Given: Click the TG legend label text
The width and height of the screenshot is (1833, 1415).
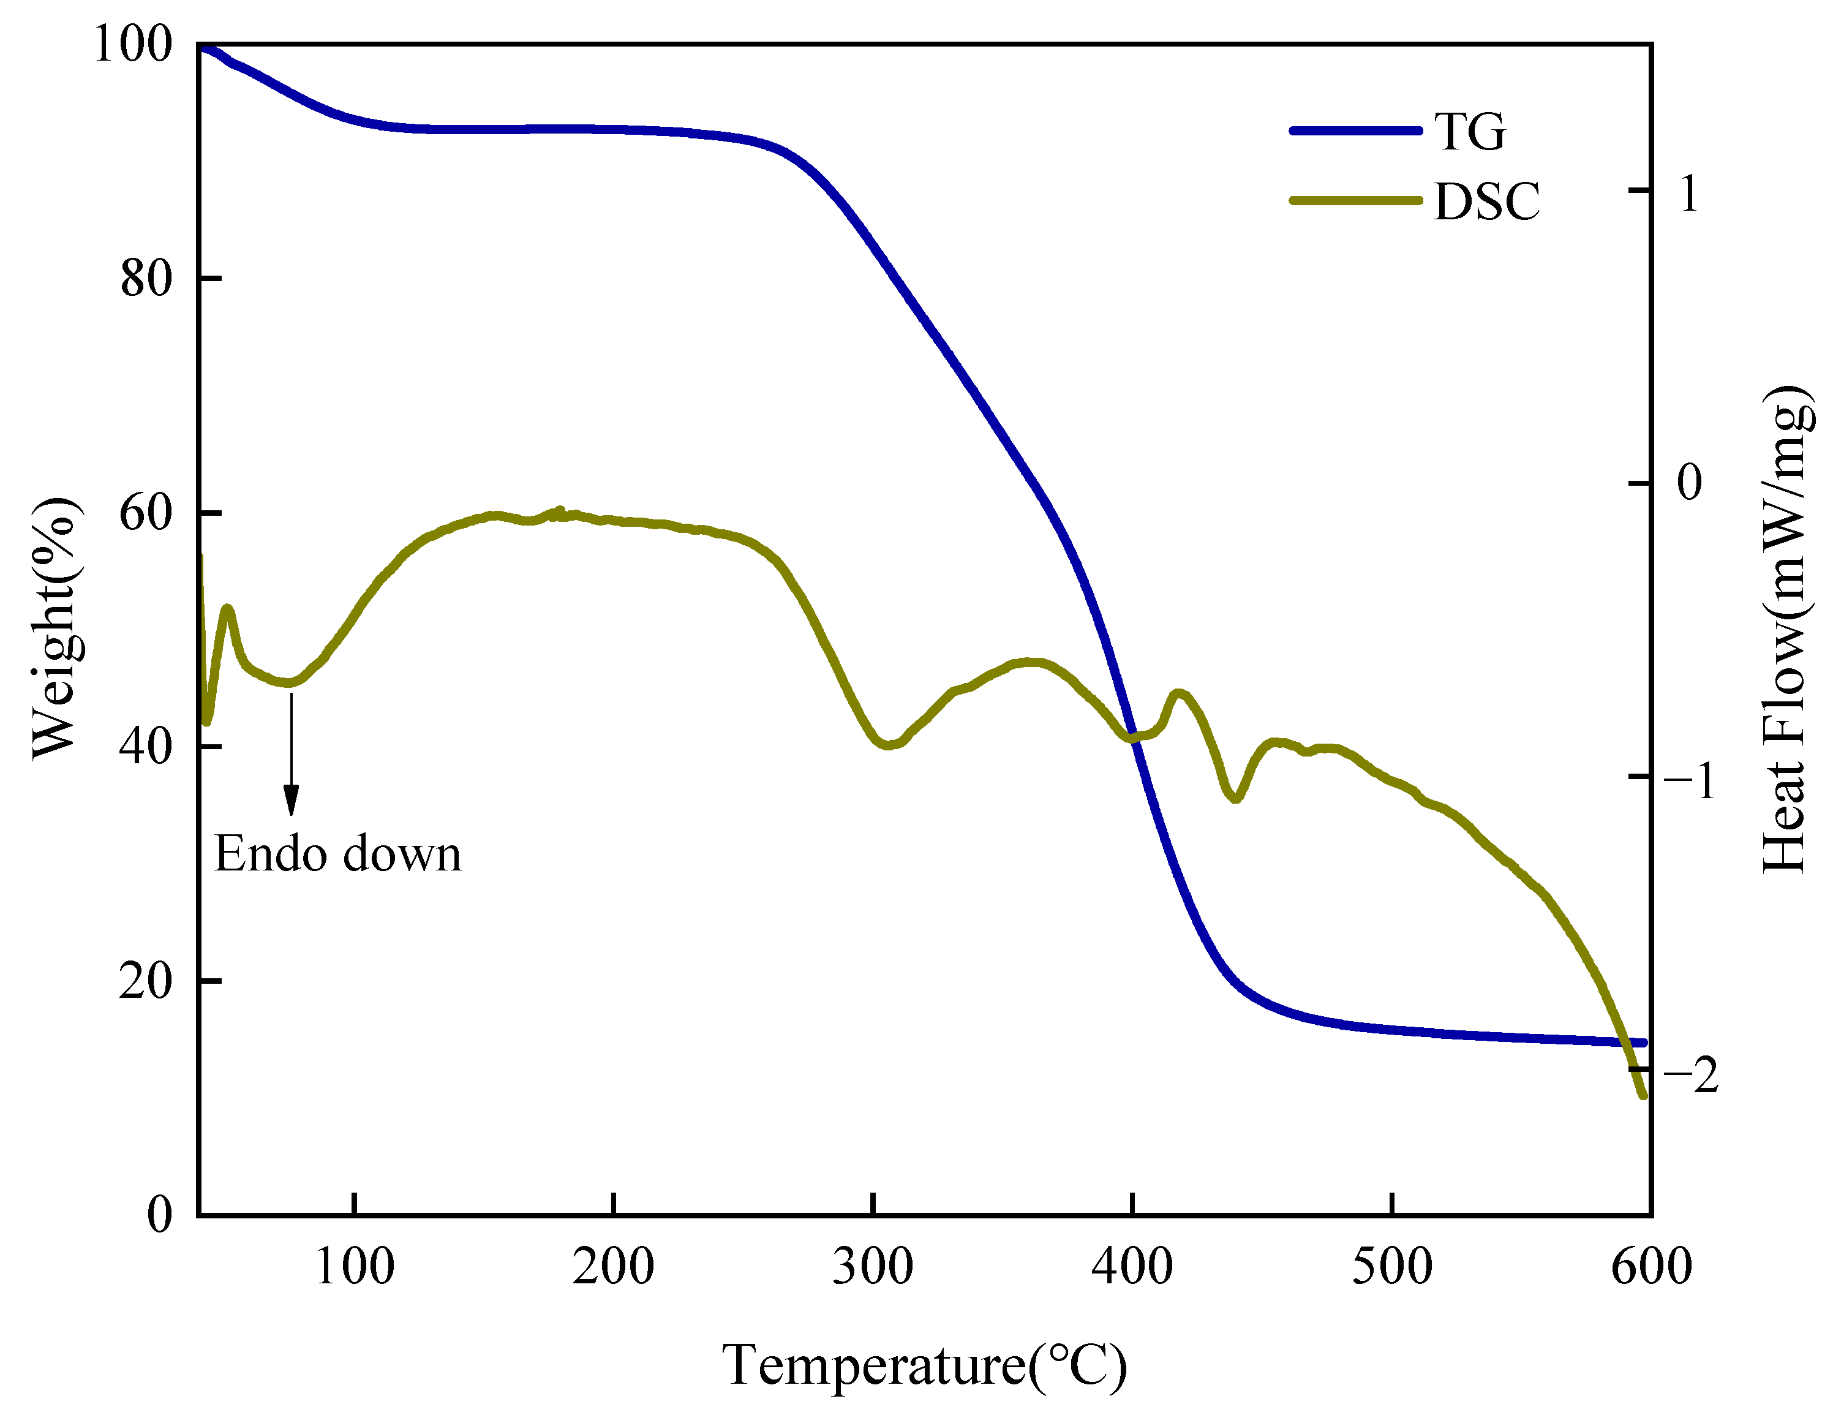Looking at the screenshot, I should [x=1470, y=132].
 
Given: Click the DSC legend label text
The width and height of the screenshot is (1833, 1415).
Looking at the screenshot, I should [x=1486, y=202].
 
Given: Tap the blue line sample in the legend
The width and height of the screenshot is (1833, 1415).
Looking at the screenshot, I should [x=1355, y=130].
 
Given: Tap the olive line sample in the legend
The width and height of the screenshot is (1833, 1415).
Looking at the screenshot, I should [x=1355, y=200].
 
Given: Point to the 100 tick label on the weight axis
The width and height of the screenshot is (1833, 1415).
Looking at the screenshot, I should [x=133, y=43].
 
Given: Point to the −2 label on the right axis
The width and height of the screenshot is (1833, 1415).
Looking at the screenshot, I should [x=1690, y=1076].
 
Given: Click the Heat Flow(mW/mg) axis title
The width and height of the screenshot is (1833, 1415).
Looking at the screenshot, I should [x=1783, y=630].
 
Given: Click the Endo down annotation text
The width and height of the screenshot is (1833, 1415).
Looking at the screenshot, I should [x=337, y=855].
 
